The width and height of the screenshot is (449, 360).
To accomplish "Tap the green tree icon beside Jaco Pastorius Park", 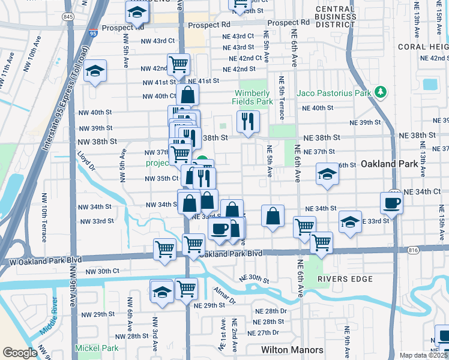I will [x=379, y=92].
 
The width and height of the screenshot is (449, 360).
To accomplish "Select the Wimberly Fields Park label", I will [x=253, y=97].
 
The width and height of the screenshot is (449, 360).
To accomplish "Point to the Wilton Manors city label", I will [x=292, y=350].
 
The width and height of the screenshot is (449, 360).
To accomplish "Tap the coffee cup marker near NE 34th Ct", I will [x=391, y=203].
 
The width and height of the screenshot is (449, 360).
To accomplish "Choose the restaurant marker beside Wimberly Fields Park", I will [x=248, y=122].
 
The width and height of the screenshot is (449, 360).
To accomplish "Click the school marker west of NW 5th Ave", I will [x=95, y=71].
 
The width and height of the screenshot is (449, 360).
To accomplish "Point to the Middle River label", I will [x=50, y=325].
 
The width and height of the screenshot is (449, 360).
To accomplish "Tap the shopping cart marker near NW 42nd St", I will [x=178, y=64].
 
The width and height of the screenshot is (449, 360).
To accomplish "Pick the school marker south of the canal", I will [x=161, y=292].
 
